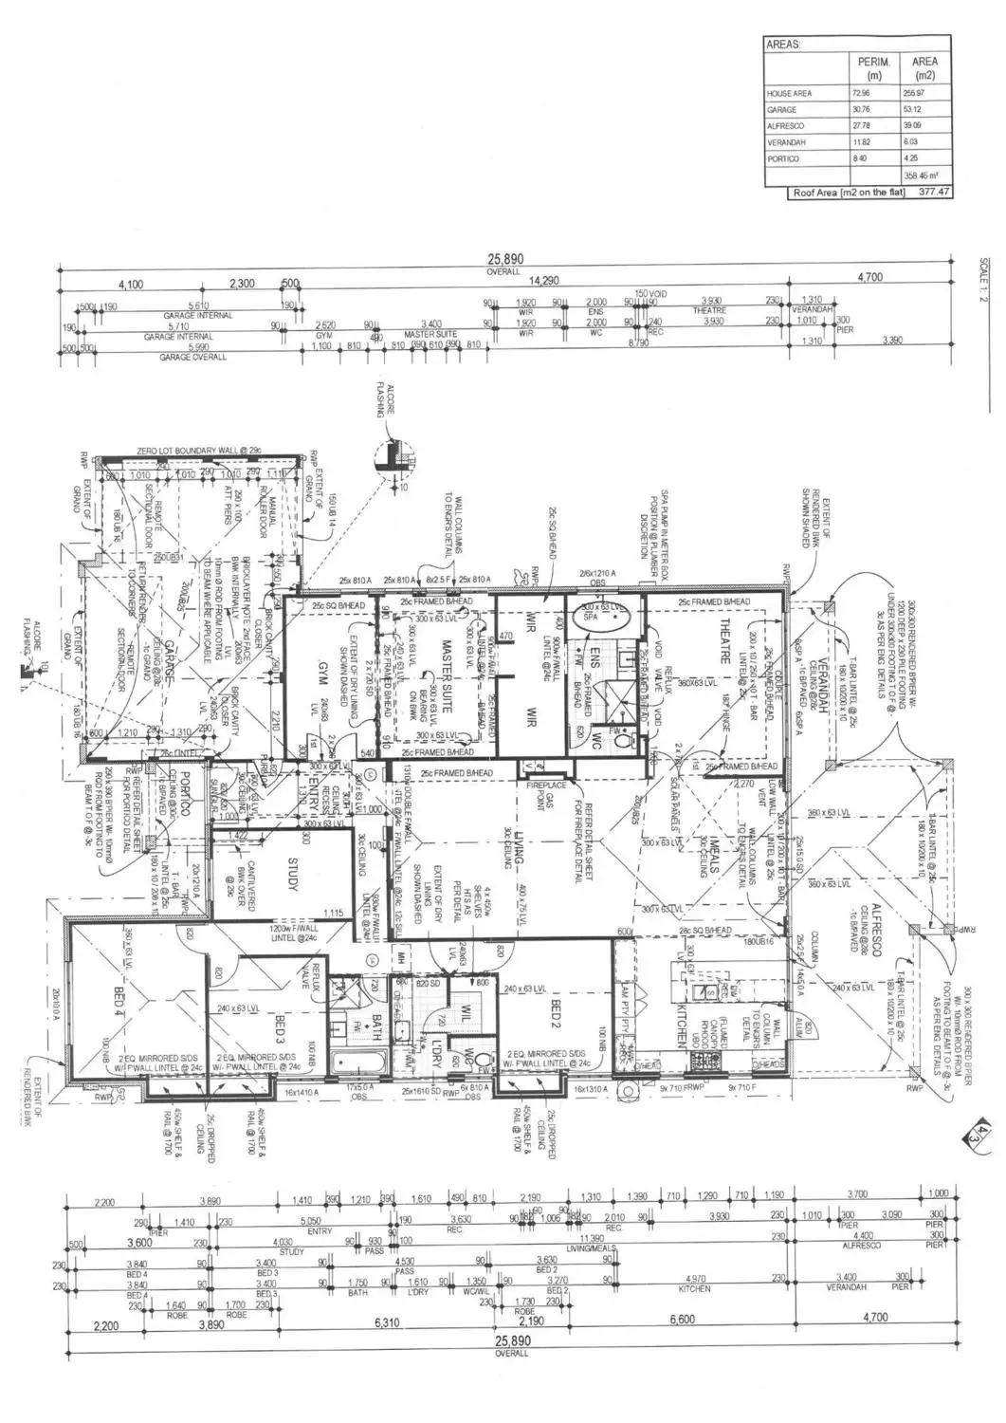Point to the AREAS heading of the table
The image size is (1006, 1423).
[x=784, y=45]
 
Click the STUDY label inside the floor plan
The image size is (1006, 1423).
[x=292, y=874]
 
